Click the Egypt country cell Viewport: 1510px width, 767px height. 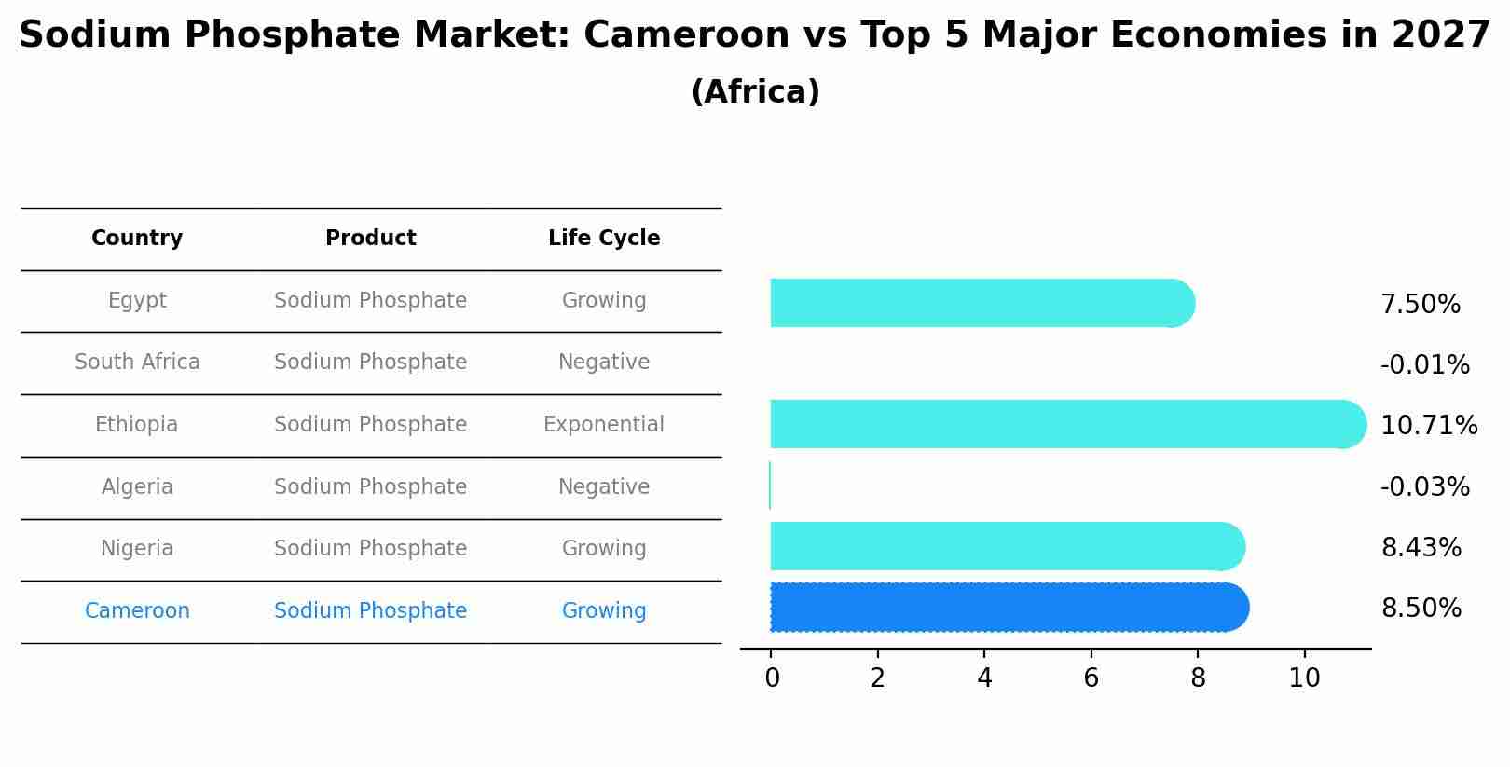point(137,301)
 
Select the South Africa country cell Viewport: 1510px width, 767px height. point(137,363)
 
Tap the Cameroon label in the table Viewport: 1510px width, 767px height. point(137,611)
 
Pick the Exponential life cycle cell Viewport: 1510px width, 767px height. point(604,425)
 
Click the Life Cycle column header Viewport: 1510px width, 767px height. point(604,239)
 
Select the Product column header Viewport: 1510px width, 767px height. point(370,239)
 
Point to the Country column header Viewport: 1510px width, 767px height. point(137,239)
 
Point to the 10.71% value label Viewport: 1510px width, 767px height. point(1428,426)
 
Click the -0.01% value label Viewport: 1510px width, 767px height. point(1424,365)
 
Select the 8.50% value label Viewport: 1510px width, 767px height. point(1421,609)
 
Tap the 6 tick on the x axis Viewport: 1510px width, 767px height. point(1091,678)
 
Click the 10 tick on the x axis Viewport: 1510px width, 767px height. point(1304,678)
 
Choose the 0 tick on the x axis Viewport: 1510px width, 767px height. point(772,678)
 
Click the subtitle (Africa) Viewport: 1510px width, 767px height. point(755,92)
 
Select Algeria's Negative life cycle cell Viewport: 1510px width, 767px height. point(604,487)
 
